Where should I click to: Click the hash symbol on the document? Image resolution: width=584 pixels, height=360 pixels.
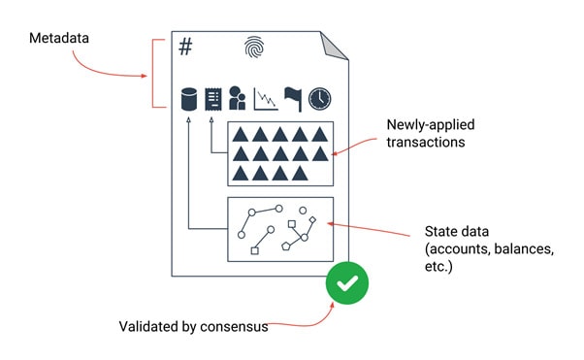click(185, 45)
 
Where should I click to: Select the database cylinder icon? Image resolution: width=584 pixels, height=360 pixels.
click(189, 99)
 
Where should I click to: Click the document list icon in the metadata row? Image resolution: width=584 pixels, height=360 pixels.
click(212, 99)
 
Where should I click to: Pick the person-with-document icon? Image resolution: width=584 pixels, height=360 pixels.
click(238, 99)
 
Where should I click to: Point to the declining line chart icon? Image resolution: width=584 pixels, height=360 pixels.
click(266, 99)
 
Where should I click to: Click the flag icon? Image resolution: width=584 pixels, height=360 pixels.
click(293, 98)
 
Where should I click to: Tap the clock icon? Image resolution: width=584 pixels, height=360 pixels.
click(319, 99)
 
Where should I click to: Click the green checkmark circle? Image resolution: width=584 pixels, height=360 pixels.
click(346, 283)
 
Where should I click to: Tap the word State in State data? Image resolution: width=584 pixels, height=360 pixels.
click(441, 232)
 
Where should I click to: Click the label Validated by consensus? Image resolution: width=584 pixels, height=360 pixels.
click(193, 326)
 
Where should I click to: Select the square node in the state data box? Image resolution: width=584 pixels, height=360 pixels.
click(255, 250)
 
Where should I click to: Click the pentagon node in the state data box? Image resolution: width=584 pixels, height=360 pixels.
click(286, 246)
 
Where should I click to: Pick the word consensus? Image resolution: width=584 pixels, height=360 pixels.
click(234, 326)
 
